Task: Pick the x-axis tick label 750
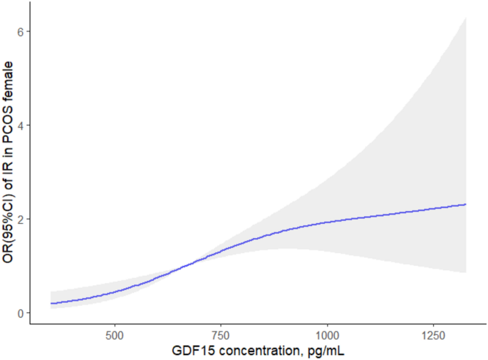[x=221, y=334]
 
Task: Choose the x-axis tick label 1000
[x=327, y=334]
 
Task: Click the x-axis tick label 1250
[x=432, y=334]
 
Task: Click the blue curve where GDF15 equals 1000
[x=327, y=222]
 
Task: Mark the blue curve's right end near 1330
[x=465, y=205]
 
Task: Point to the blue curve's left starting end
[x=51, y=304]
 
